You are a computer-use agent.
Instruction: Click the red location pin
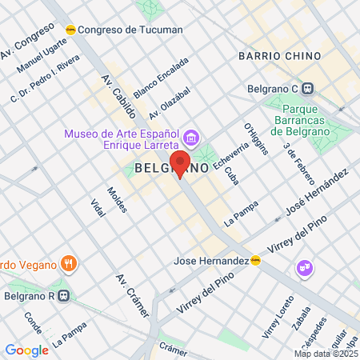[180, 164]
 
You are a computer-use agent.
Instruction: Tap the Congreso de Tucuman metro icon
[71, 30]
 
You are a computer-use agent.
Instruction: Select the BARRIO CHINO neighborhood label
[279, 56]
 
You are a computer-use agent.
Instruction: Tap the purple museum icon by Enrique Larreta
[190, 134]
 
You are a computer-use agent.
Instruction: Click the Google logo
[26, 350]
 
